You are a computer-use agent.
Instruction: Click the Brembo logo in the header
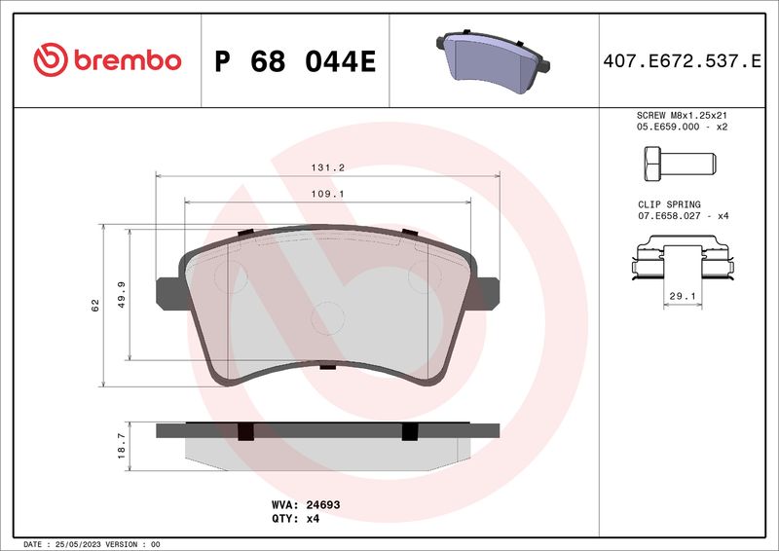pos(107,60)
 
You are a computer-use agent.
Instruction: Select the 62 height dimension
pos(95,305)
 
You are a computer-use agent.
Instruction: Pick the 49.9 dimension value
pos(121,294)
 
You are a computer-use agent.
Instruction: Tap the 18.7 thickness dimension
pos(121,445)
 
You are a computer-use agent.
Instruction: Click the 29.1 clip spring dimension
pos(683,295)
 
